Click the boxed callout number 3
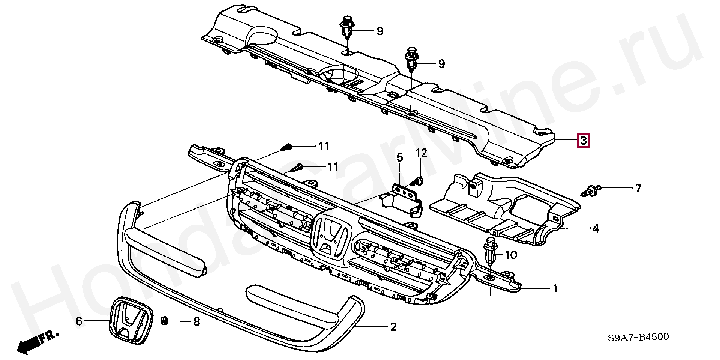coord(583,140)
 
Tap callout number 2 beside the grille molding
coord(393,327)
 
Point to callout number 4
coord(595,228)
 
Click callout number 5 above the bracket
coord(399,158)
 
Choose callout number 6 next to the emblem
coord(79,321)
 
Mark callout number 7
coord(638,188)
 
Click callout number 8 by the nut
coord(196,321)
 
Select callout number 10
coord(511,255)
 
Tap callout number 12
coord(421,153)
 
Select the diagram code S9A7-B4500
coord(637,337)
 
